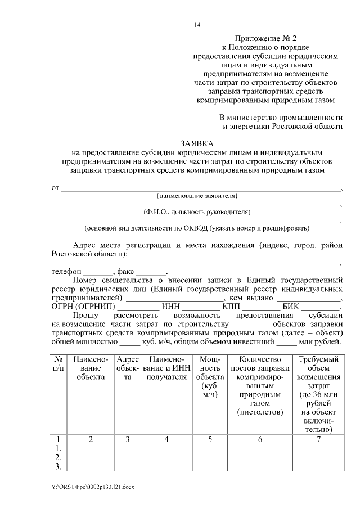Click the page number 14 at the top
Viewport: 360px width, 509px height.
(197, 25)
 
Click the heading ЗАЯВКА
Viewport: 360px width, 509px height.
(196, 143)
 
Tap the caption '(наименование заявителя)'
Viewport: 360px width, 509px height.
(196, 196)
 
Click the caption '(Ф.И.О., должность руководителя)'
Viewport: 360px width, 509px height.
(196, 212)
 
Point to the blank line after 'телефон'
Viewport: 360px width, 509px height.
(98, 271)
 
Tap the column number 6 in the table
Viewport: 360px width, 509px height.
(260, 439)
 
